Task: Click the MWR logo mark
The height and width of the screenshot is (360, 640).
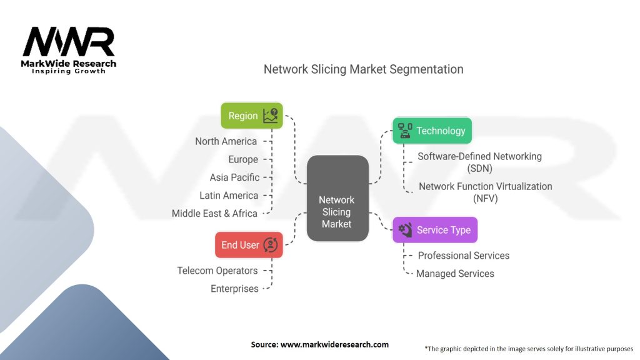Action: [69, 42]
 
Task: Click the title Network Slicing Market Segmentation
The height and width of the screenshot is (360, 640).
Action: [363, 69]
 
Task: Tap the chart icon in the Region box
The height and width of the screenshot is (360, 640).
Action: [271, 116]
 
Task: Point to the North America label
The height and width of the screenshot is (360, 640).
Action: [226, 141]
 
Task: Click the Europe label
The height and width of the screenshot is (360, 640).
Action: [242, 159]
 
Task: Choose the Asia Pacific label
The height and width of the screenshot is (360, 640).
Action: [234, 177]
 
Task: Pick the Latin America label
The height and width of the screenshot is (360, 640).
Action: [229, 196]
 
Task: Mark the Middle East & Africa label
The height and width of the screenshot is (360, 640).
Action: [214, 214]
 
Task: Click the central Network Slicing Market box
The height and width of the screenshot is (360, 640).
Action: [337, 198]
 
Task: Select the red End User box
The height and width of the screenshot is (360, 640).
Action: [248, 245]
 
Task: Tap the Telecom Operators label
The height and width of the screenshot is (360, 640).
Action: [217, 271]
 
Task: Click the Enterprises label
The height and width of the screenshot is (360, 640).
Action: [234, 289]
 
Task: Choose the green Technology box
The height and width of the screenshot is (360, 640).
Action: [432, 131]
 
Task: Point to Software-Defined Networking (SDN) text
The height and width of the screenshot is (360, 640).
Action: [479, 162]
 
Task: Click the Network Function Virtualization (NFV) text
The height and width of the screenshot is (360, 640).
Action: [485, 192]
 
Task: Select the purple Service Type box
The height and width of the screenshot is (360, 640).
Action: [435, 230]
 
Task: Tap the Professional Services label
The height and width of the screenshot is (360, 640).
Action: [463, 256]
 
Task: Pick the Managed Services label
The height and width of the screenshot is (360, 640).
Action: [455, 274]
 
